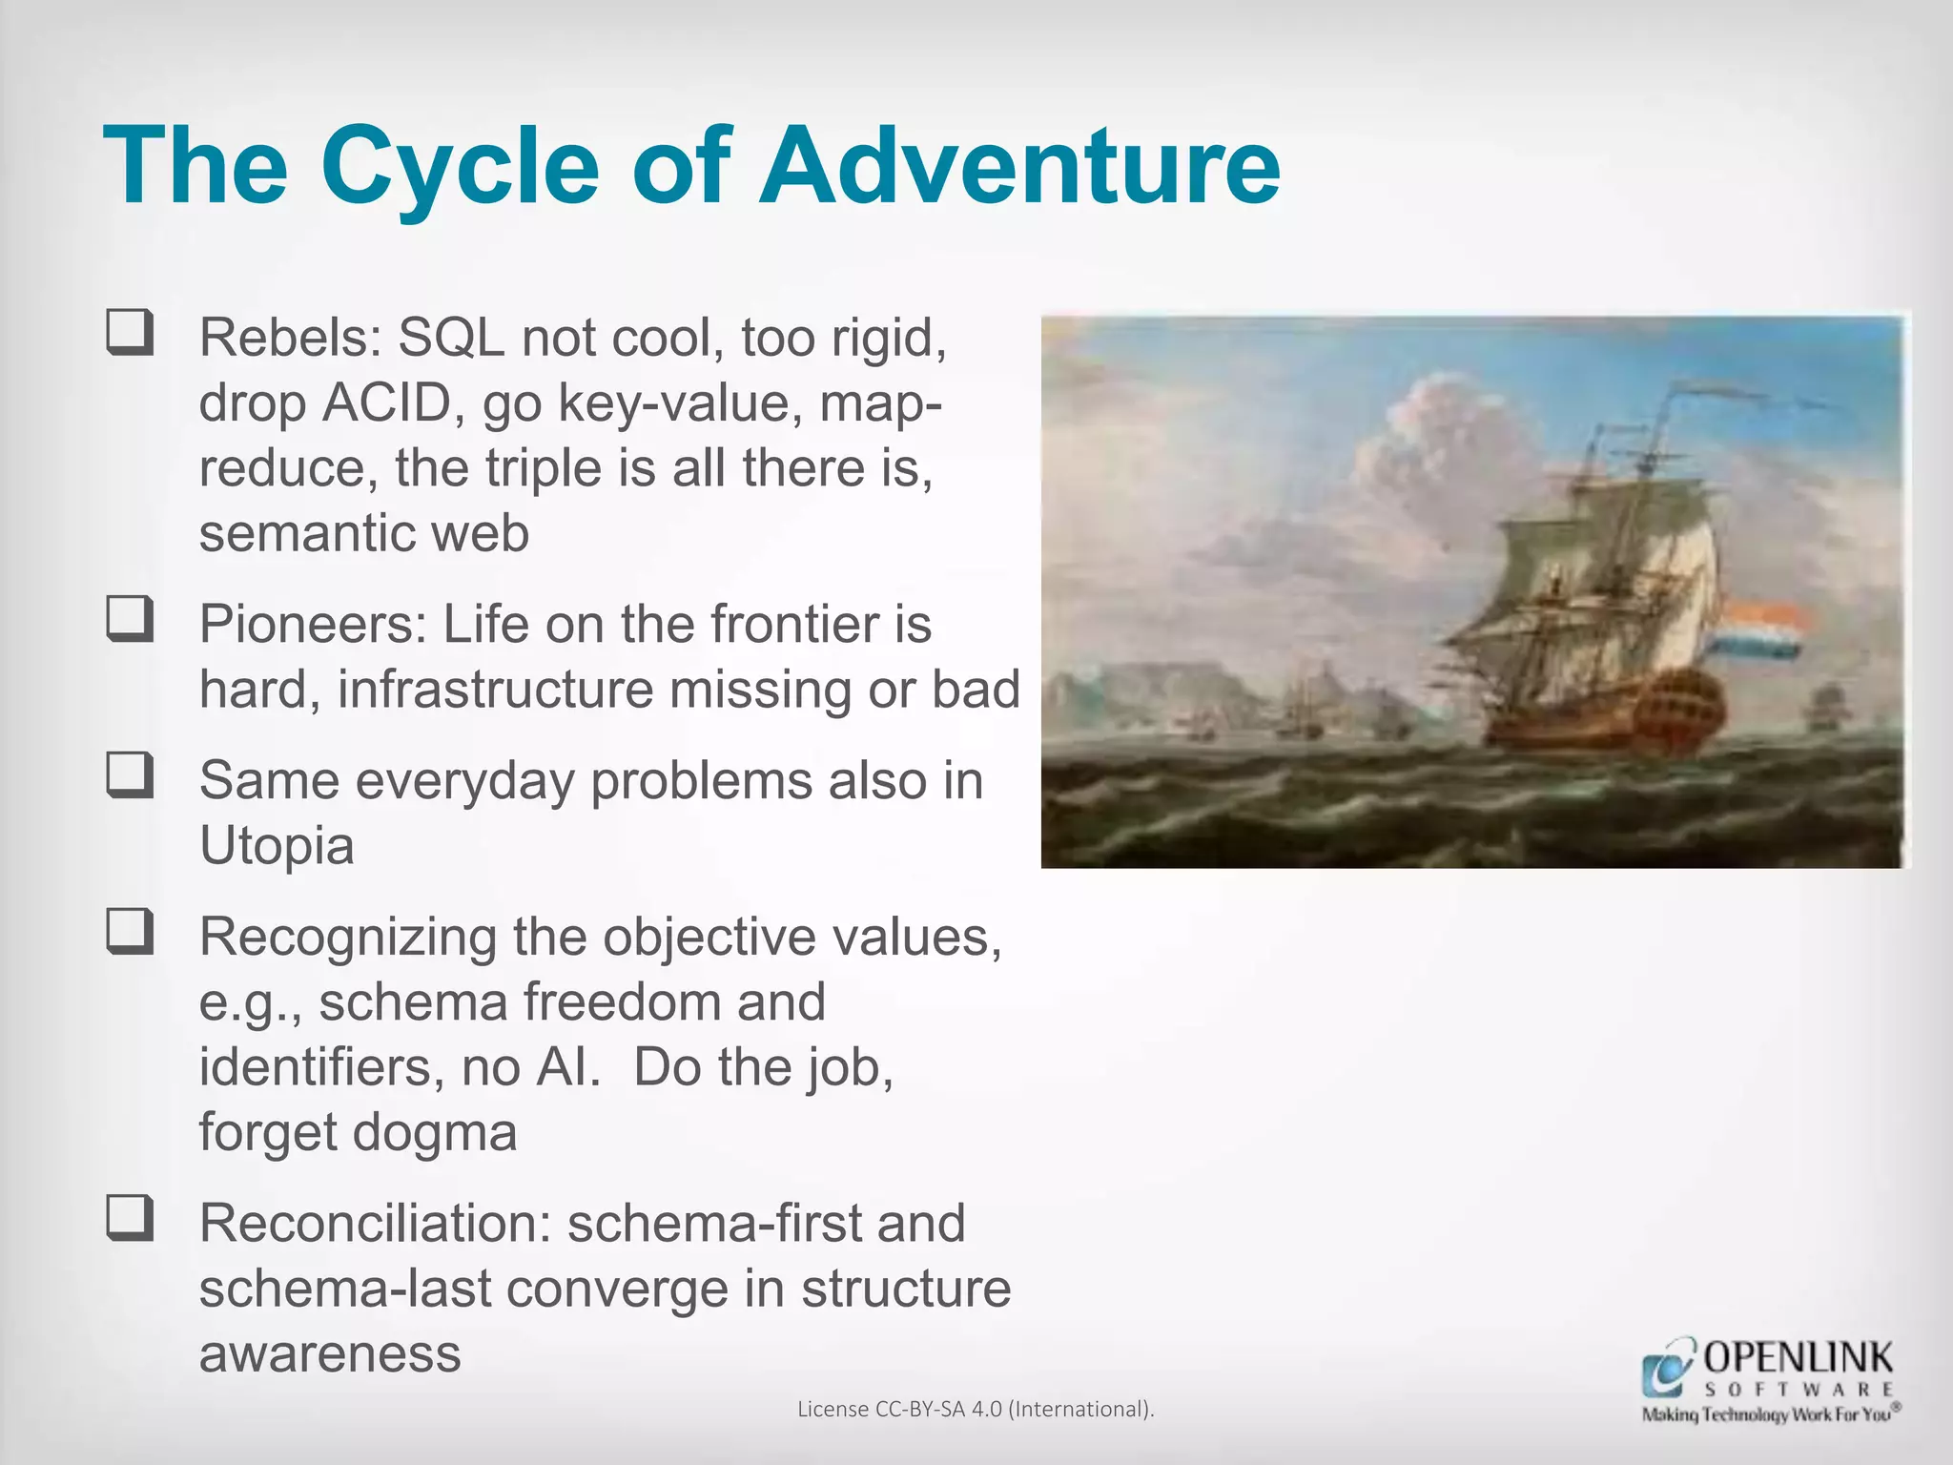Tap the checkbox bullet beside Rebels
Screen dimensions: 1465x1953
coord(130,333)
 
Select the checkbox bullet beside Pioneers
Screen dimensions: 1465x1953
coord(130,619)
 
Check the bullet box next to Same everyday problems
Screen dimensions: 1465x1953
coord(130,775)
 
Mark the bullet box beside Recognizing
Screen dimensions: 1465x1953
coord(130,932)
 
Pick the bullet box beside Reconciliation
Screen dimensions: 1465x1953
coord(130,1218)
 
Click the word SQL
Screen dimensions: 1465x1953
coord(450,337)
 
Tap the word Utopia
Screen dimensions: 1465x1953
coord(277,846)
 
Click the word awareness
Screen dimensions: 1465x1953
coord(330,1353)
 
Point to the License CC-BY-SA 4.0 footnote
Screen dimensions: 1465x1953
coord(976,1409)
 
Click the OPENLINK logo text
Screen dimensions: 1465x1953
coord(1798,1357)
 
